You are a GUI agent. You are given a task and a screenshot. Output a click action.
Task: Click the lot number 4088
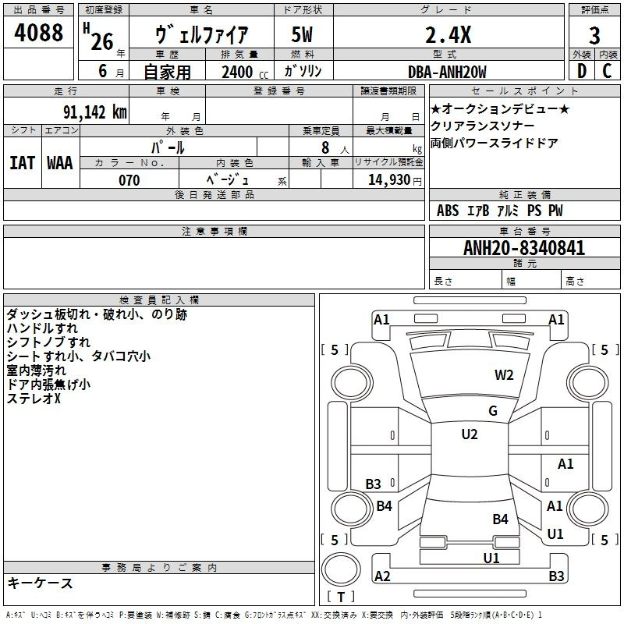click(x=38, y=32)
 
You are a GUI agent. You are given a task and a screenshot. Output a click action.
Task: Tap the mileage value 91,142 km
click(x=95, y=112)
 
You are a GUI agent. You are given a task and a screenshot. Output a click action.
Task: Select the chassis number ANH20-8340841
click(x=524, y=248)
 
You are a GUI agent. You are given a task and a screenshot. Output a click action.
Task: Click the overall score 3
click(x=594, y=35)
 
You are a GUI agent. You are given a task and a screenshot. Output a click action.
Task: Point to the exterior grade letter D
click(x=582, y=71)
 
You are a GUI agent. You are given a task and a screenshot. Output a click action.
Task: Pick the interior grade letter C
click(x=607, y=71)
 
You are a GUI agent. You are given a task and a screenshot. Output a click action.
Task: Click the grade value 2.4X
click(x=448, y=35)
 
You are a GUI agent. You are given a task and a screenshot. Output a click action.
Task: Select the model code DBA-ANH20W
click(x=447, y=72)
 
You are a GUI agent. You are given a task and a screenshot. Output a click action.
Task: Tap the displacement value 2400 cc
click(x=245, y=72)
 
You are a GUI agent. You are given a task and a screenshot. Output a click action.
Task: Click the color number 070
click(x=129, y=180)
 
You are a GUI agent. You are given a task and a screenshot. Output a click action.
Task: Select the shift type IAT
click(x=22, y=163)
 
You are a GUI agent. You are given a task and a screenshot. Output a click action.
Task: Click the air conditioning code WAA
click(x=60, y=163)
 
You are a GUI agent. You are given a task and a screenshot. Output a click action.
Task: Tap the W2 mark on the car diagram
click(x=504, y=375)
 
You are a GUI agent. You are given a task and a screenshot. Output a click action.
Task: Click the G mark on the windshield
click(x=493, y=411)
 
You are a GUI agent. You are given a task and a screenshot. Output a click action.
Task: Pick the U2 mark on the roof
click(x=470, y=434)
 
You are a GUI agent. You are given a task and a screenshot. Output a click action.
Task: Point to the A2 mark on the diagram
click(x=382, y=576)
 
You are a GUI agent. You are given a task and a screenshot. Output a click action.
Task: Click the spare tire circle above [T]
click(x=341, y=569)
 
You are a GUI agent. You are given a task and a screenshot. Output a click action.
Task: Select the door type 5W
click(x=302, y=34)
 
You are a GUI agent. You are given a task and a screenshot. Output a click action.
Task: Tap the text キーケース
click(x=41, y=583)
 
